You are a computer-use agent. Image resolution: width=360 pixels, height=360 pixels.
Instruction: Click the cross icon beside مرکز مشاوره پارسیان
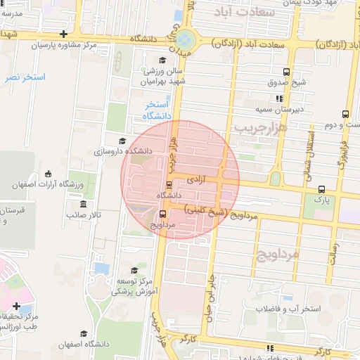click(x=64, y=34)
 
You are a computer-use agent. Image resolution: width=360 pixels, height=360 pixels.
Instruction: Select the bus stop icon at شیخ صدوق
click(x=286, y=72)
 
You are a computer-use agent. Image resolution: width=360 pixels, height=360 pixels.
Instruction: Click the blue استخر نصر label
click(x=25, y=77)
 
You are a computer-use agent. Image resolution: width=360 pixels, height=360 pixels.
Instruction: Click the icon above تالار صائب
click(x=83, y=205)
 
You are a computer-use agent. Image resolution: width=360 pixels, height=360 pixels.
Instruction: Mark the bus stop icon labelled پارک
click(x=321, y=189)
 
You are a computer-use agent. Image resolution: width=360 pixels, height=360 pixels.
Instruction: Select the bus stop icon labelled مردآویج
click(x=163, y=214)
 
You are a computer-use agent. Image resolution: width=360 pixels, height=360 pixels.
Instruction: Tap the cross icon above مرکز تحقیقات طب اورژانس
click(x=17, y=306)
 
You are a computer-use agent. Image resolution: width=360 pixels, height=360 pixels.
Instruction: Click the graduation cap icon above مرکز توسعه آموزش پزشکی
click(x=134, y=270)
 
